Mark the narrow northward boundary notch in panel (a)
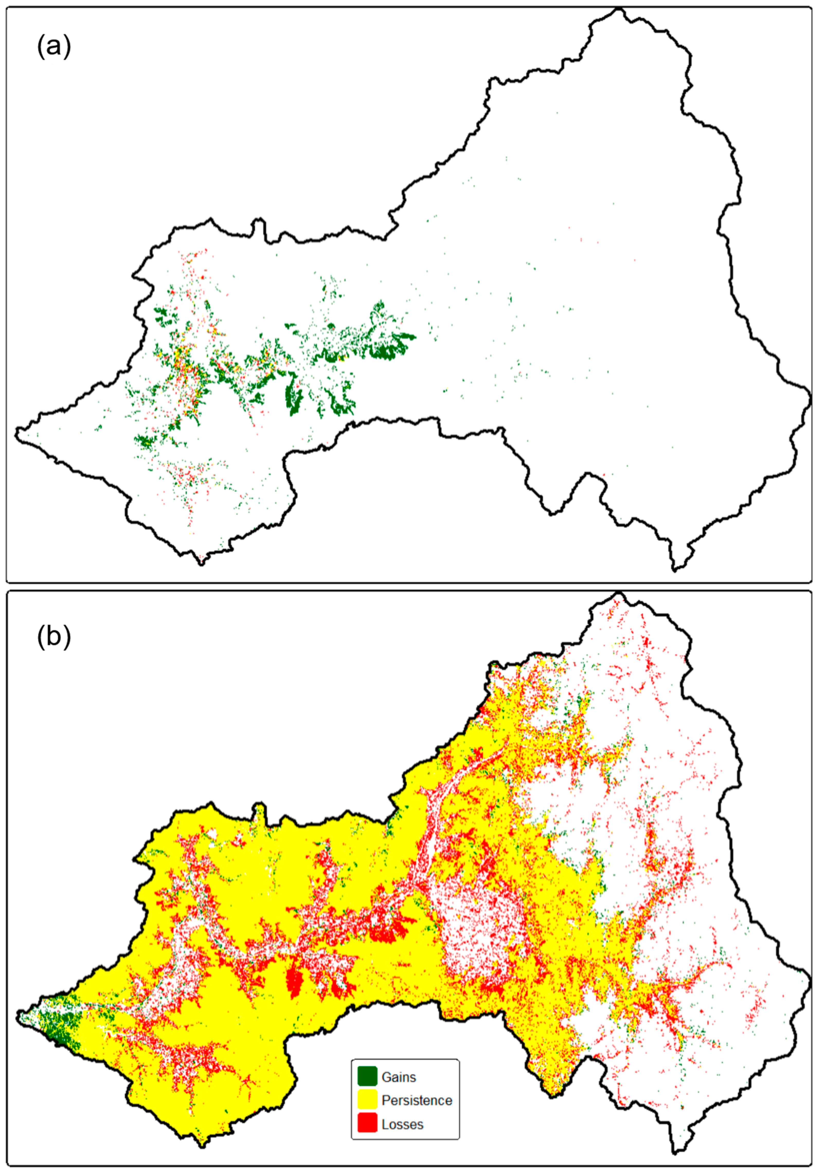(x=259, y=227)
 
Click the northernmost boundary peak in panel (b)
(x=619, y=594)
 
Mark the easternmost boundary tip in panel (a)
(x=809, y=396)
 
